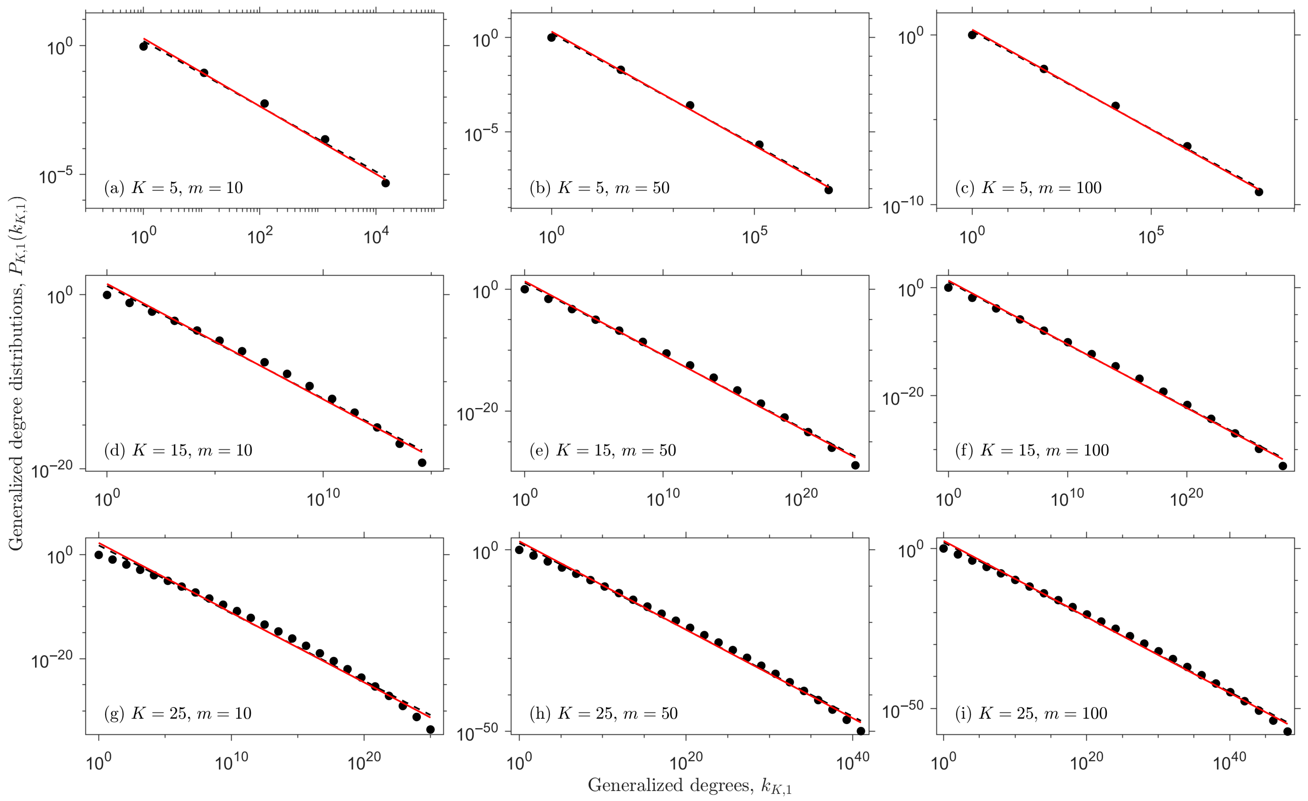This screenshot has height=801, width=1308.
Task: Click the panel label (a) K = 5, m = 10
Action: [173, 188]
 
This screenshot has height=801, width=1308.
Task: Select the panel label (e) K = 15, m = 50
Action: [603, 450]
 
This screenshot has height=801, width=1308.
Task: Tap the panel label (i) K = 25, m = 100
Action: [1031, 713]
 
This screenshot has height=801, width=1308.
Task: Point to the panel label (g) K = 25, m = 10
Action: [178, 713]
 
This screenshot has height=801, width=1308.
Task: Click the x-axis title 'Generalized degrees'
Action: [670, 785]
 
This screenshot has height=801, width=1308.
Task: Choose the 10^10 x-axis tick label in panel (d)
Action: [323, 498]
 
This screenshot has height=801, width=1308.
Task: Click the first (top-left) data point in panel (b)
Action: [551, 37]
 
